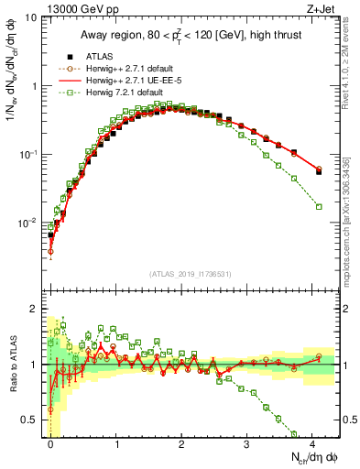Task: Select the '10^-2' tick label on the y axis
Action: (27, 223)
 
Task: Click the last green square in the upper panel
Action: (319, 207)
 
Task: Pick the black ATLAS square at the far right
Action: (319, 171)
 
